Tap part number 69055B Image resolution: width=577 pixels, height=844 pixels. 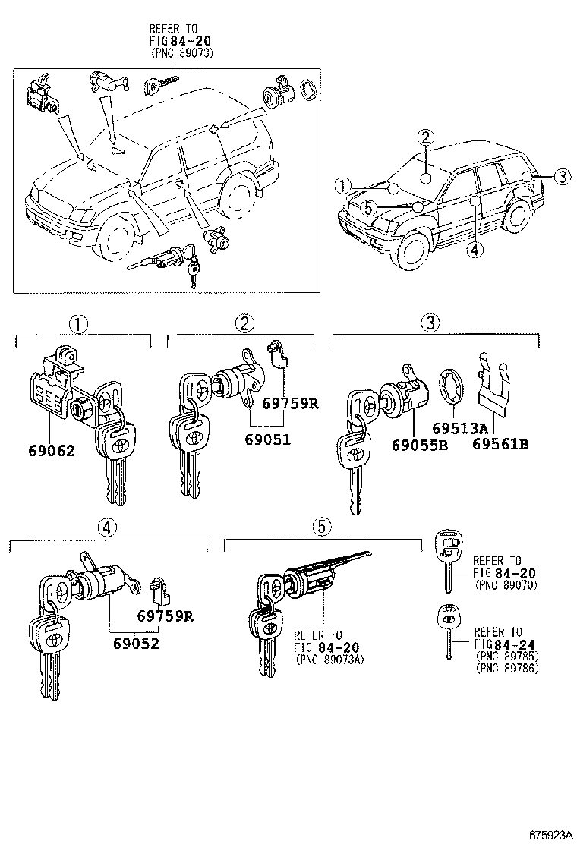pos(419,444)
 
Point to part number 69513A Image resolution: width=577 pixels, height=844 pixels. pos(459,427)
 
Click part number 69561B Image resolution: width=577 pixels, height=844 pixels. pos(502,444)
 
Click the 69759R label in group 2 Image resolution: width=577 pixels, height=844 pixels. pos(290,404)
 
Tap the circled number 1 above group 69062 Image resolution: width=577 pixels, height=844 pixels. pos(79,324)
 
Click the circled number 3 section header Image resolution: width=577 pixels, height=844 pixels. pos(430,323)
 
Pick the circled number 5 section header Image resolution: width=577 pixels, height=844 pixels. pos(322,525)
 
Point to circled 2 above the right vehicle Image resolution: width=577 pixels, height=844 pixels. pos(426,137)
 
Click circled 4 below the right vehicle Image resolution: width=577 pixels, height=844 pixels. pos(475,250)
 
